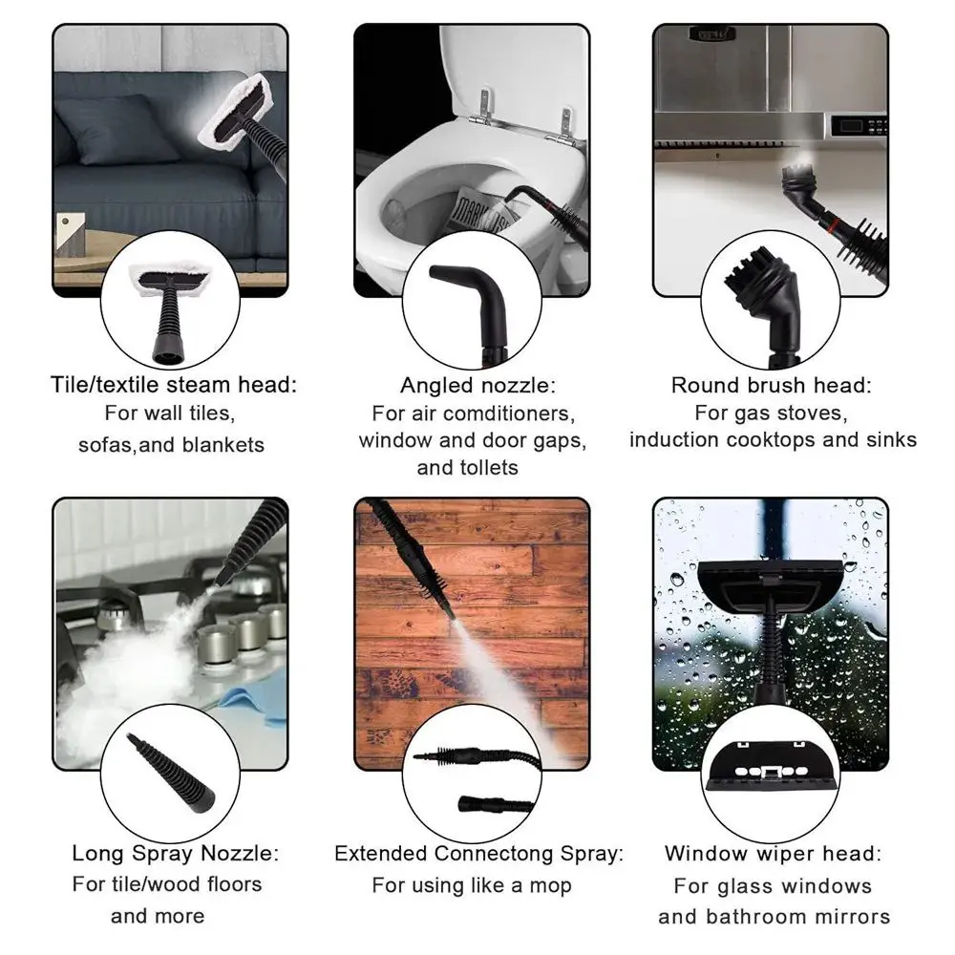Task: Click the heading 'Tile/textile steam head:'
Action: tap(174, 385)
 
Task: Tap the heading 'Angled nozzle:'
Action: tap(478, 386)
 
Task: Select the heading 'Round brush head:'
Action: tap(772, 385)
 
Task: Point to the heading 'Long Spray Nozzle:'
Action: tap(176, 853)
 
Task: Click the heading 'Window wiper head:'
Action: tap(773, 853)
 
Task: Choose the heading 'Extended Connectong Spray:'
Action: tap(479, 854)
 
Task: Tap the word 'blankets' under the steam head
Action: tap(223, 445)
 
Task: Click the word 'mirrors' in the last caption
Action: tap(853, 917)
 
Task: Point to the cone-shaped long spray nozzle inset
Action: tap(171, 774)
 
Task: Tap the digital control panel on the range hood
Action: tap(859, 127)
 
